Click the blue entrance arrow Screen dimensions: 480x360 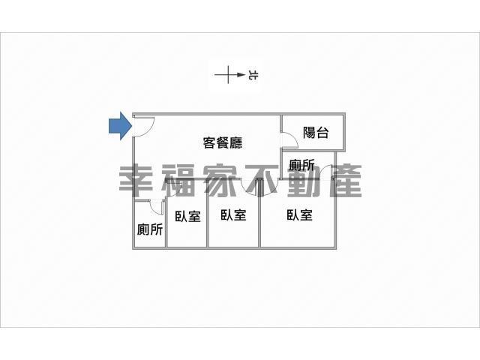(121, 126)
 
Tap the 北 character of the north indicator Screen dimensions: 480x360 (253, 75)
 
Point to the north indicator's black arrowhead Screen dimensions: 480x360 (241, 75)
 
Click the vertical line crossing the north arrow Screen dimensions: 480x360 (228, 75)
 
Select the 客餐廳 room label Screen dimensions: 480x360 (223, 142)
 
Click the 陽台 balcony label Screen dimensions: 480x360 (316, 133)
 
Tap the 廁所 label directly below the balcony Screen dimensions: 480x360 (301, 165)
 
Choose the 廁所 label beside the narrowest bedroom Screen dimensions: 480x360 (150, 229)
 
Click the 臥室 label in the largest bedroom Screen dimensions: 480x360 (300, 215)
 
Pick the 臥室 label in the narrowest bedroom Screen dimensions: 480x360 (187, 217)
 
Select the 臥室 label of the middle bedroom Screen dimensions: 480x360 (233, 214)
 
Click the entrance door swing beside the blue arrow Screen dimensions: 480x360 (144, 126)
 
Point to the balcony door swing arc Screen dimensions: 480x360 (289, 140)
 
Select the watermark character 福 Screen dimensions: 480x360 (178, 181)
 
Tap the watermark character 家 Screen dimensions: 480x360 (220, 181)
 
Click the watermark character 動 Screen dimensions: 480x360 (303, 181)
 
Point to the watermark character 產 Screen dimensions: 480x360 (345, 181)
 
